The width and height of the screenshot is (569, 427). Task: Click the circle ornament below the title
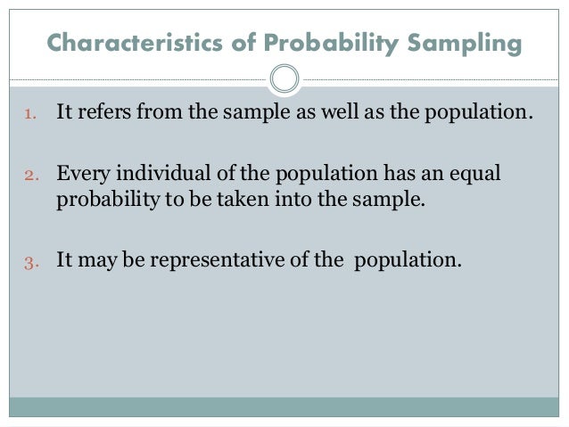(284, 79)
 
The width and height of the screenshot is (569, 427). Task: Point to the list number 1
(29, 115)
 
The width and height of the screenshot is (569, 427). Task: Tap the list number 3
(29, 262)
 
